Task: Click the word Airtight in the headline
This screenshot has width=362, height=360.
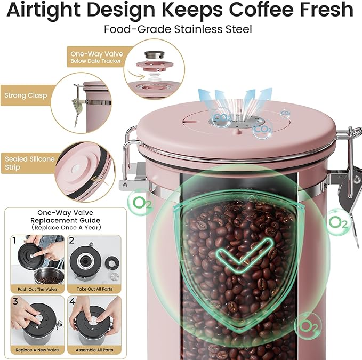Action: pyautogui.click(x=44, y=10)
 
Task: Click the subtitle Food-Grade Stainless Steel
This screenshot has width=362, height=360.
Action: pyautogui.click(x=178, y=29)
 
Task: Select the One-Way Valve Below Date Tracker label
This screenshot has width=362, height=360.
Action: pyautogui.click(x=96, y=57)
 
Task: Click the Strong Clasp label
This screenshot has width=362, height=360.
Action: pyautogui.click(x=26, y=95)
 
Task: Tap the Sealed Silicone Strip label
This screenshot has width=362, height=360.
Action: pyautogui.click(x=30, y=163)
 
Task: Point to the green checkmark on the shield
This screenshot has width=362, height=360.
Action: pyautogui.click(x=244, y=255)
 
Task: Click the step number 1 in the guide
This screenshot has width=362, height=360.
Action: pyautogui.click(x=14, y=241)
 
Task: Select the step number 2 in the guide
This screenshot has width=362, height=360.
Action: pyautogui.click(x=71, y=241)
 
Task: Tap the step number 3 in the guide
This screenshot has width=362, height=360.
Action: pyautogui.click(x=15, y=301)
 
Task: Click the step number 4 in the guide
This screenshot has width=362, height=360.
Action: pyautogui.click(x=73, y=301)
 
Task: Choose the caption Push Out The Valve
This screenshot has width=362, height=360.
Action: pyautogui.click(x=37, y=290)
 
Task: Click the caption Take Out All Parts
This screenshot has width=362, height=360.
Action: pyautogui.click(x=94, y=289)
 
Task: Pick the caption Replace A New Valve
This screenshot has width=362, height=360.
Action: pyautogui.click(x=37, y=350)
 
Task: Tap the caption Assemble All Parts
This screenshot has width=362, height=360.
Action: pyautogui.click(x=94, y=350)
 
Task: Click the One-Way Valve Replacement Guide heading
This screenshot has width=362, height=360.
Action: pyautogui.click(x=66, y=217)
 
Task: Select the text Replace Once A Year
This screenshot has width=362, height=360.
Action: pyautogui.click(x=67, y=228)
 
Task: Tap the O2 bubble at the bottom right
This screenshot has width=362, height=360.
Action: pyautogui.click(x=308, y=326)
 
